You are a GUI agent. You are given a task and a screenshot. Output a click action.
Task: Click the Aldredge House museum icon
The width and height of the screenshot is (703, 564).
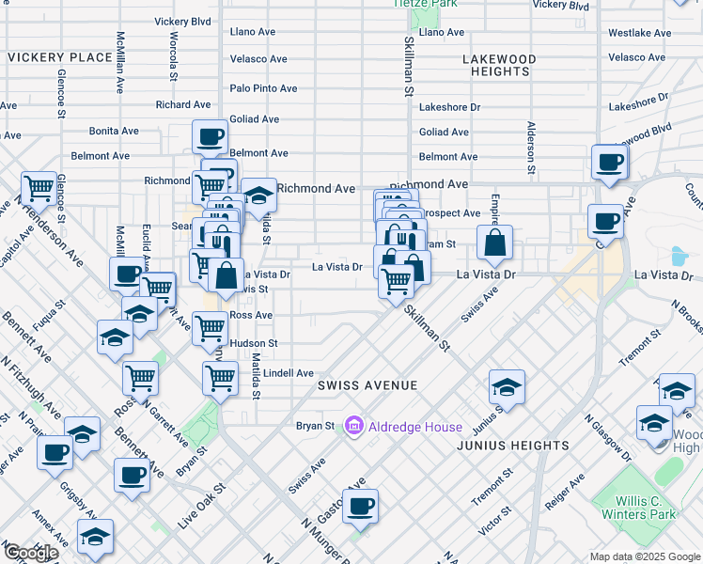(x=354, y=427)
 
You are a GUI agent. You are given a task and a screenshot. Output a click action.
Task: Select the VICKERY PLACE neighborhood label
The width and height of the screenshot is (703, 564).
(x=60, y=57)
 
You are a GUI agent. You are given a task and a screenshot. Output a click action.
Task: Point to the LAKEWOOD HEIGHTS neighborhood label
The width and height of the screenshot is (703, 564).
(x=499, y=65)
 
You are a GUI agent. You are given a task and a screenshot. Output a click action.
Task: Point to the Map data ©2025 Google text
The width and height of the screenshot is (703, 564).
(x=645, y=556)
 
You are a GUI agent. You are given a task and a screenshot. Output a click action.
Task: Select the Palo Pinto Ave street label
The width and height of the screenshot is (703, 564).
(x=263, y=88)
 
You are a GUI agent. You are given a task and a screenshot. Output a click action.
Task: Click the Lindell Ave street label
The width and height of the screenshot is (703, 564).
(x=288, y=373)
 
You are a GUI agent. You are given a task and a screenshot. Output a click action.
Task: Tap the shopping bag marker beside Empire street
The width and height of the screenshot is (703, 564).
(x=494, y=243)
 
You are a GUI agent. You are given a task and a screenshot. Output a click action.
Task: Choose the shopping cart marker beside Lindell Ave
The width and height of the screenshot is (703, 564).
(x=220, y=379)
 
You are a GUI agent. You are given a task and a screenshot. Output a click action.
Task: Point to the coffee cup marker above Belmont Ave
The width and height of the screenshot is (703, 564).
(x=211, y=137)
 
